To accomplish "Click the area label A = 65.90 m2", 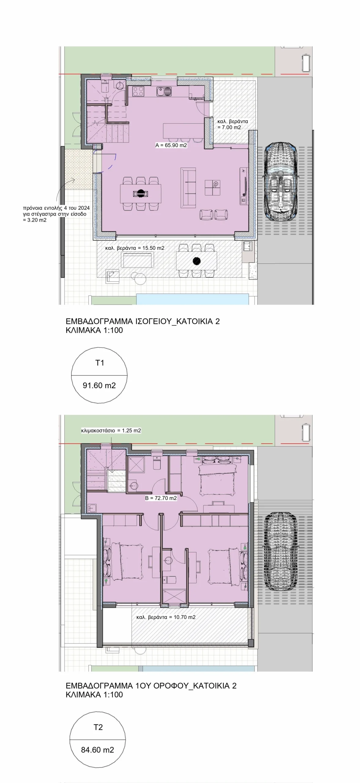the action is tap(171, 146).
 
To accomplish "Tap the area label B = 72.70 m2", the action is tap(161, 498).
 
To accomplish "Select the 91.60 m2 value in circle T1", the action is tap(99, 385).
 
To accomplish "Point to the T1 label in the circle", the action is tap(100, 363).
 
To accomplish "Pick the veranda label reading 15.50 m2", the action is tap(135, 248).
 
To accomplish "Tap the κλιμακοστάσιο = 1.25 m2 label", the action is tap(111, 431).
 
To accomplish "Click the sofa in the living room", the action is tap(188, 187).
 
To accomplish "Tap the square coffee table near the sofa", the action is tap(212, 187).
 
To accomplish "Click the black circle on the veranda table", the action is tap(197, 261).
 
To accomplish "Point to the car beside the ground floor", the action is tap(280, 181).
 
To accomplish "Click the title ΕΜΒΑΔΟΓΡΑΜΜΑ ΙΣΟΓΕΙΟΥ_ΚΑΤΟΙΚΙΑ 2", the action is tap(143, 321).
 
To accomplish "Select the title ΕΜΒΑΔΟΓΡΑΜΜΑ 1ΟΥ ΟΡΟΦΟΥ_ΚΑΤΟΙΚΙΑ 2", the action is tap(151, 686).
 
